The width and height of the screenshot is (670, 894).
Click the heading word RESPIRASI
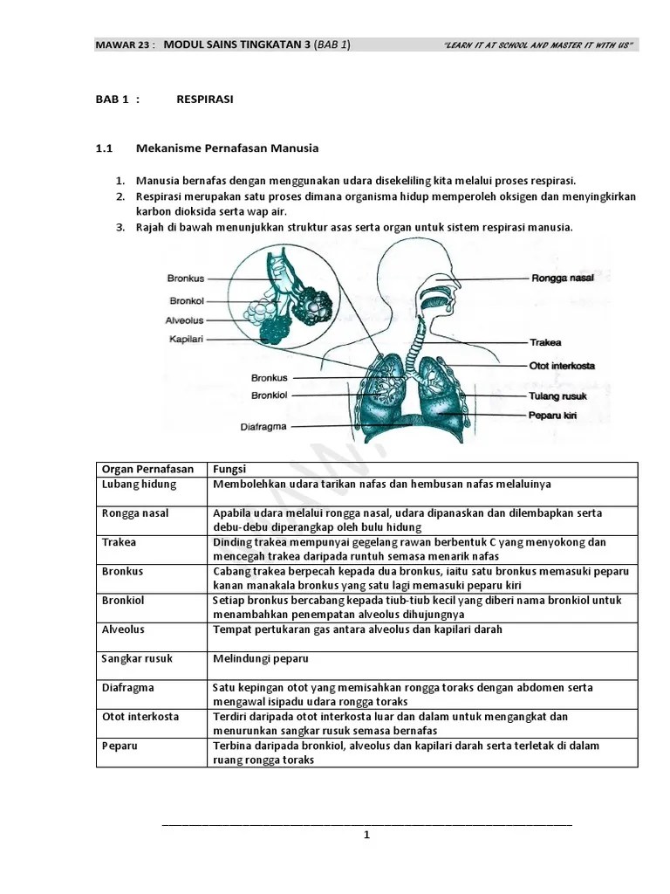pyautogui.click(x=204, y=100)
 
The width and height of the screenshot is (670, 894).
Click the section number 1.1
pyautogui.click(x=105, y=148)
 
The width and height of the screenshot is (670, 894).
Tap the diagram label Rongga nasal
pyautogui.click(x=562, y=279)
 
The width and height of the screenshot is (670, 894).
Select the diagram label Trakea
pyautogui.click(x=545, y=343)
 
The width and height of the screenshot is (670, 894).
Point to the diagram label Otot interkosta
pyautogui.click(x=562, y=366)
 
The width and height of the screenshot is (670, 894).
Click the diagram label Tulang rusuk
pyautogui.click(x=557, y=395)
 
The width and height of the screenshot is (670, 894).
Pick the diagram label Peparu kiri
pyautogui.click(x=553, y=416)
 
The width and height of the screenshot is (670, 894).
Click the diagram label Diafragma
pyautogui.click(x=263, y=427)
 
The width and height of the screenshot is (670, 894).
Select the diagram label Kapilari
pyautogui.click(x=185, y=339)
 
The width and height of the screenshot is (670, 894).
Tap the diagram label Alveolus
pyautogui.click(x=184, y=320)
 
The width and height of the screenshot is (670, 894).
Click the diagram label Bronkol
pyautogui.click(x=186, y=299)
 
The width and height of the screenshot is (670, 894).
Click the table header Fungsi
pyautogui.click(x=229, y=470)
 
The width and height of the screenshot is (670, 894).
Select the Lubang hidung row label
pyautogui.click(x=140, y=484)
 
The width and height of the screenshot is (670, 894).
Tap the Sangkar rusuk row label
pyautogui.click(x=140, y=658)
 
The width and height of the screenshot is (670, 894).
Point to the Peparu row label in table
pyautogui.click(x=120, y=746)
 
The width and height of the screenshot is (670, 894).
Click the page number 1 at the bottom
pyautogui.click(x=366, y=835)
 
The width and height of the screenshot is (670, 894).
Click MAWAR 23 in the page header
pyautogui.click(x=122, y=45)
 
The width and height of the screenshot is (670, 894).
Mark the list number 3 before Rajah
pyautogui.click(x=120, y=227)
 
